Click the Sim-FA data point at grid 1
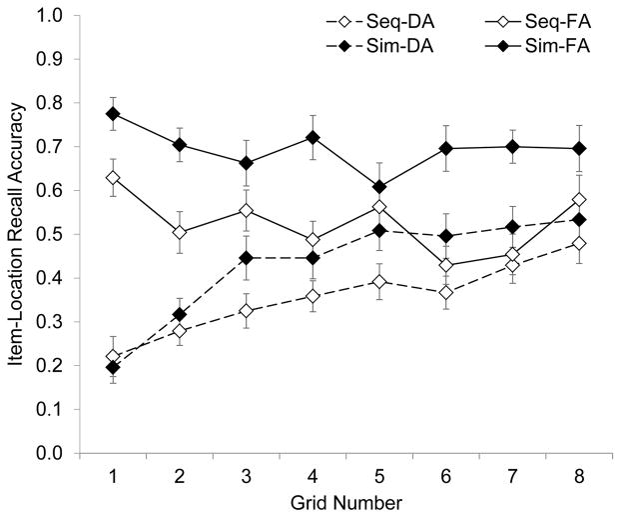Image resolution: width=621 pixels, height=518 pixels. [x=113, y=113]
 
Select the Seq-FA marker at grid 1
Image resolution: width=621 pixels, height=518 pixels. [x=113, y=177]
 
